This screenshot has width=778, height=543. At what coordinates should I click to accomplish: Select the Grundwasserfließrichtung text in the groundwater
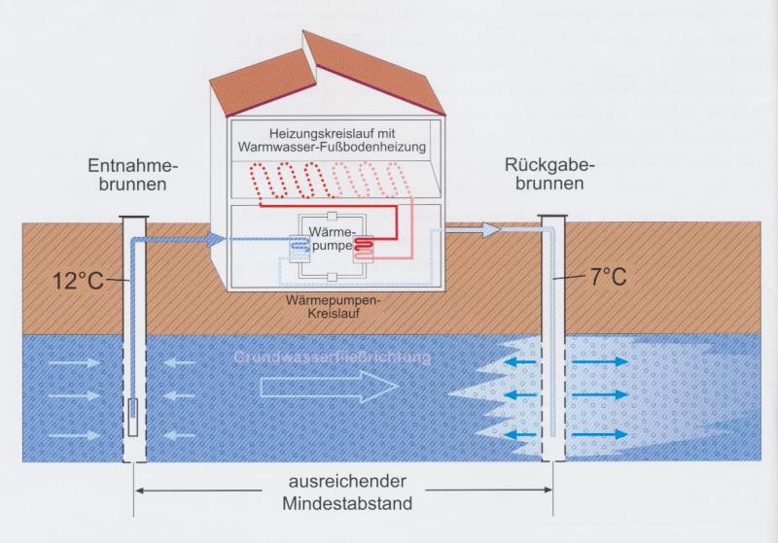(333, 357)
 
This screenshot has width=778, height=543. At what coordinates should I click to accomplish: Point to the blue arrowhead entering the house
(213, 238)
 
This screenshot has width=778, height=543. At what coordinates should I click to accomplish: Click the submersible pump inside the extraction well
(133, 414)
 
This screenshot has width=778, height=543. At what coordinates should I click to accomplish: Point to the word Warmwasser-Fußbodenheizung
(333, 148)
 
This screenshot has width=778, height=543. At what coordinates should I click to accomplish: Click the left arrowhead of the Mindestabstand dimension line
(139, 491)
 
